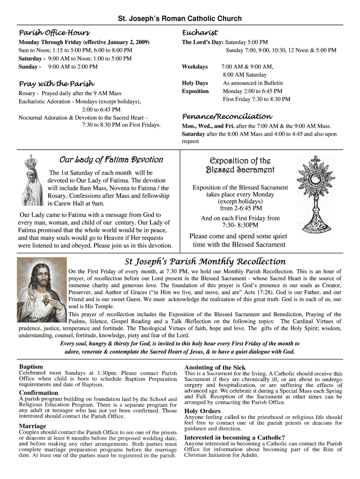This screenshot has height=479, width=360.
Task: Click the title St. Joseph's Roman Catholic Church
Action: point(180,19)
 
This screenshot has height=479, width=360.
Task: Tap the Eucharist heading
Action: point(200,33)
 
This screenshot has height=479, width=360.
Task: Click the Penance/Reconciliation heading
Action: point(227,116)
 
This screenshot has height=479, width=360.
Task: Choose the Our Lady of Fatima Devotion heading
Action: point(111,160)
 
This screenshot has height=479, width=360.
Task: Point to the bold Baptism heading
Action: point(31,366)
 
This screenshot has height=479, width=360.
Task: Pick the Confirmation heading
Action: point(39,392)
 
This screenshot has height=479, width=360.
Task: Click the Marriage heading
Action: point(33,426)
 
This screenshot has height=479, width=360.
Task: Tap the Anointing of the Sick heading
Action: point(215,367)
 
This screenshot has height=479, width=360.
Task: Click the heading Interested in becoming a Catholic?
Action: point(235,437)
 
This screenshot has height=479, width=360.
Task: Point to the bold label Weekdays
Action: point(194,67)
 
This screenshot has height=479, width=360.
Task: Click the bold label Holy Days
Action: point(195,83)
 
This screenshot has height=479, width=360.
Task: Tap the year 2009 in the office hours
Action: point(141,42)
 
